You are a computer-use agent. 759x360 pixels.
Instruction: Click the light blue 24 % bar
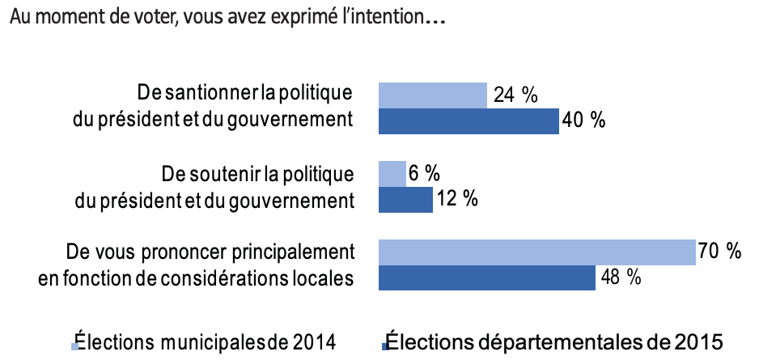[433, 95]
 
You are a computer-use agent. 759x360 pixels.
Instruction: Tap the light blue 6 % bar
[392, 174]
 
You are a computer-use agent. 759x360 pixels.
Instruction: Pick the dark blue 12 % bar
[405, 200]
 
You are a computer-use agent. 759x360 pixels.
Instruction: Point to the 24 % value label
[515, 95]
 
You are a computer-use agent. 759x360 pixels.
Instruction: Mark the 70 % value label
[721, 252]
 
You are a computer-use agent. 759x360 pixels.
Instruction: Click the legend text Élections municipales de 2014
[205, 339]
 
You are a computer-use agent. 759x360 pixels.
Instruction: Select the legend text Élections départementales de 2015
[553, 339]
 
